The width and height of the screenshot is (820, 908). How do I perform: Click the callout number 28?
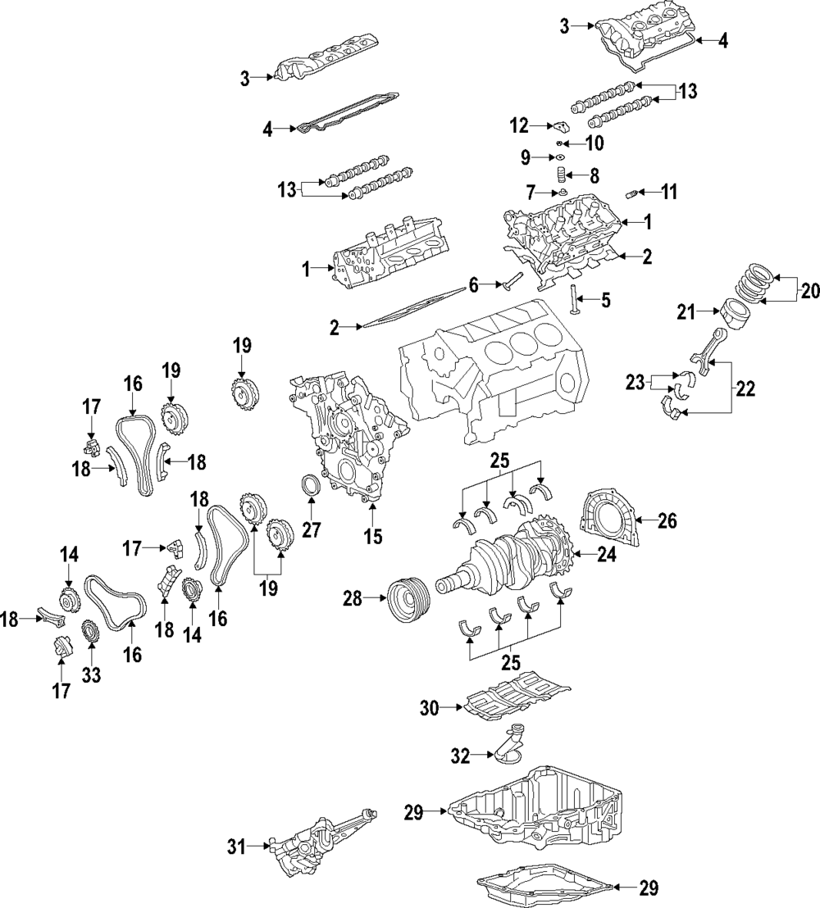[353, 598]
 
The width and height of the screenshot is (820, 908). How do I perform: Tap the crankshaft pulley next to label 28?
[408, 600]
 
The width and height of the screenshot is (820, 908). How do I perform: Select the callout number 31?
[236, 847]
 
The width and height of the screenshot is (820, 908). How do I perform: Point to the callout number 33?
[92, 674]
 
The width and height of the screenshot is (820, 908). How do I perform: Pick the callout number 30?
[430, 708]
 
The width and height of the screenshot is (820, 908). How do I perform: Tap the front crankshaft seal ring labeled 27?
[312, 485]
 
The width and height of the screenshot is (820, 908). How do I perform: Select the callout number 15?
[374, 536]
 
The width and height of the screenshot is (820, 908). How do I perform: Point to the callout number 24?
[606, 556]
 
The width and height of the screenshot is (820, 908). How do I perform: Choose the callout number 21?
[686, 313]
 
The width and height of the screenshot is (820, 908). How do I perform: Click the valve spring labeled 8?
[560, 175]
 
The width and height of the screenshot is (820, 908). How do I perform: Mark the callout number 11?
[669, 192]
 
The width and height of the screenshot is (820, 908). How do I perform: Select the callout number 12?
[520, 125]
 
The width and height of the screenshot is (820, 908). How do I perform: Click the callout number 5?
[606, 300]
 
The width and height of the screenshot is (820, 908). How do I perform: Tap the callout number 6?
[474, 285]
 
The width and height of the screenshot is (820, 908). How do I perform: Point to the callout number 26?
[667, 520]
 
